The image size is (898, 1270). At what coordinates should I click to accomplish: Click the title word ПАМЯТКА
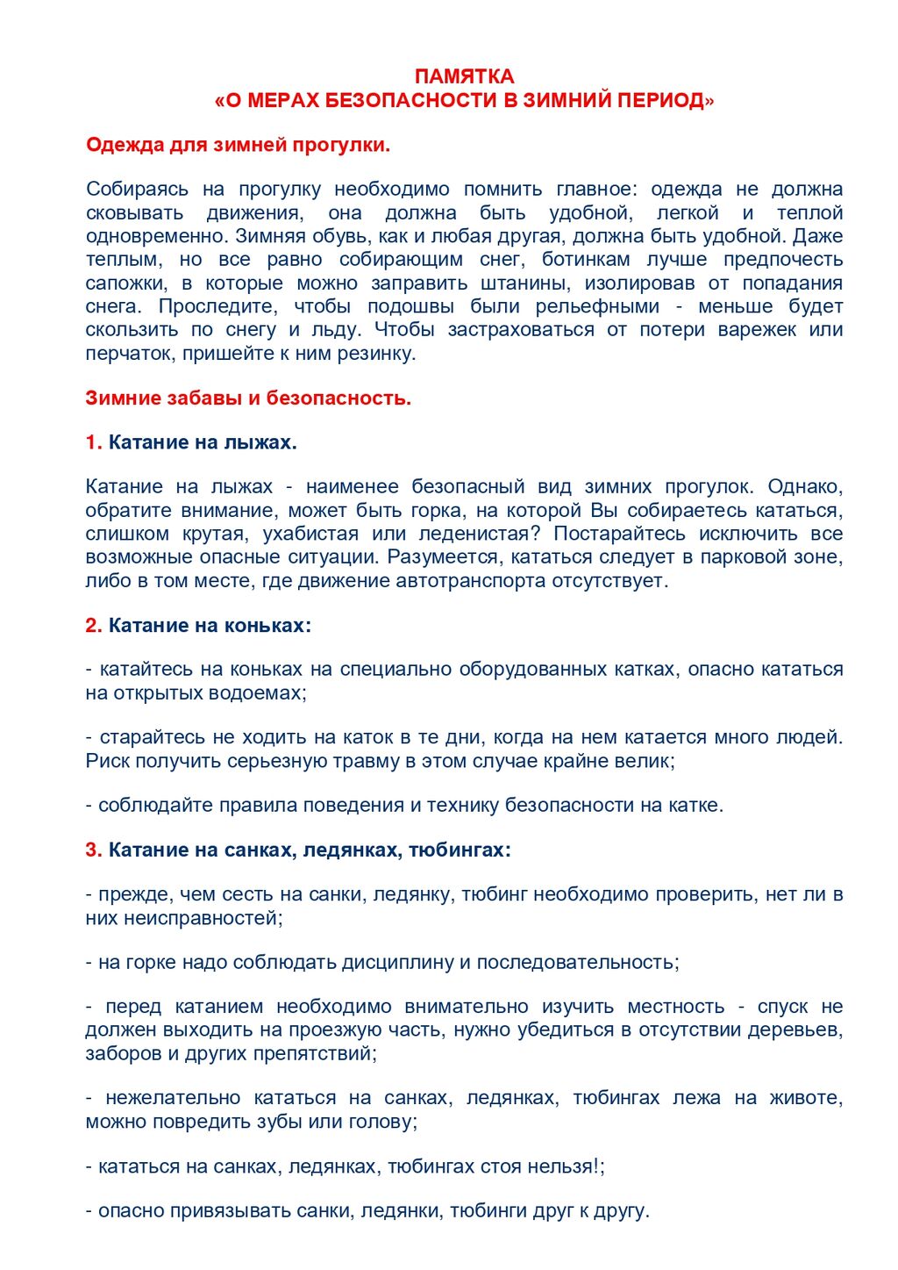click(x=464, y=76)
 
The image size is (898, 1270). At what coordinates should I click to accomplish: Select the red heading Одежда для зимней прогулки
click(x=238, y=145)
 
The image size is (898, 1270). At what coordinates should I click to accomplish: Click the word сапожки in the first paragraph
click(x=126, y=283)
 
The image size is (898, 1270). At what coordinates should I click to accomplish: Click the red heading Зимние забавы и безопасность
click(x=248, y=398)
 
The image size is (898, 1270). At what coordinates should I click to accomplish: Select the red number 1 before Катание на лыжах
click(x=93, y=442)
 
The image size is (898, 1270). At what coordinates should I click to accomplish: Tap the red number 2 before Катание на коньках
click(x=93, y=626)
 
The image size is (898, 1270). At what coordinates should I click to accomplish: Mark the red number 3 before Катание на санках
click(x=93, y=850)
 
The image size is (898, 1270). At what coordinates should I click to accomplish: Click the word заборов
click(x=119, y=1054)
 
